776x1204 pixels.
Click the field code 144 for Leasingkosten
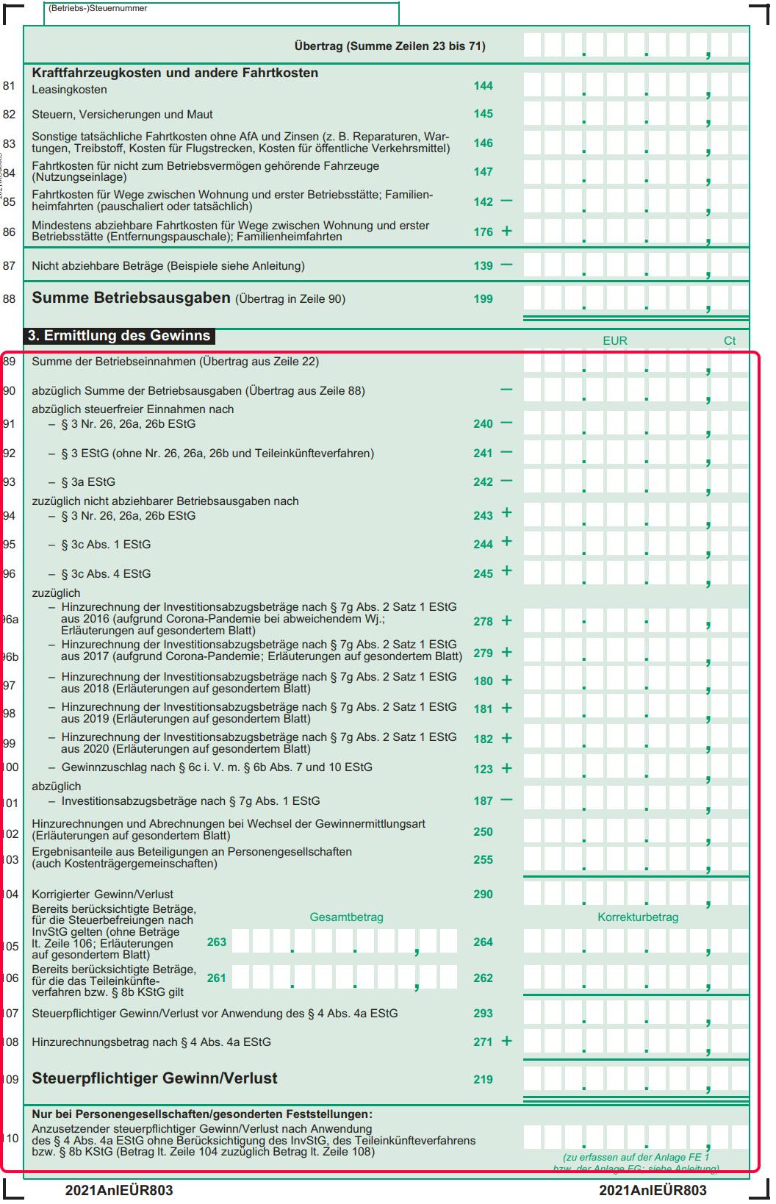[x=483, y=86]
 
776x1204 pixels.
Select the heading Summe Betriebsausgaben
[x=131, y=298]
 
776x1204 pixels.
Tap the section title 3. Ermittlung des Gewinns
[x=119, y=336]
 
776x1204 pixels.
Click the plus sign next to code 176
[x=506, y=231]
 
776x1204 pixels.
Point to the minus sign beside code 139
[x=506, y=265]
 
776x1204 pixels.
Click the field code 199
[x=483, y=299]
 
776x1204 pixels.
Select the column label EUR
[x=614, y=341]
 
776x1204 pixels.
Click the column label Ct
[x=730, y=341]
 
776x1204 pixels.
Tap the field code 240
[x=483, y=424]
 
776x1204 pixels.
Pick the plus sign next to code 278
[x=506, y=620]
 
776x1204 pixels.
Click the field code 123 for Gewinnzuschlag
[x=483, y=769]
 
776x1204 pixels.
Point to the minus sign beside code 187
[x=506, y=800]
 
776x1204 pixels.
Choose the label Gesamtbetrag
[x=346, y=917]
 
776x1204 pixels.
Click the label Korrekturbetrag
[x=637, y=917]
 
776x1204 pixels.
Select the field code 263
[x=217, y=942]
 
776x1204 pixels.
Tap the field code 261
[x=217, y=978]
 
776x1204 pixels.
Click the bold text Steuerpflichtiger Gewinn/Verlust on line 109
[x=154, y=1079]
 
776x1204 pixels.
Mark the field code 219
[x=483, y=1080]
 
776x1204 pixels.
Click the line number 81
[x=9, y=86]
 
